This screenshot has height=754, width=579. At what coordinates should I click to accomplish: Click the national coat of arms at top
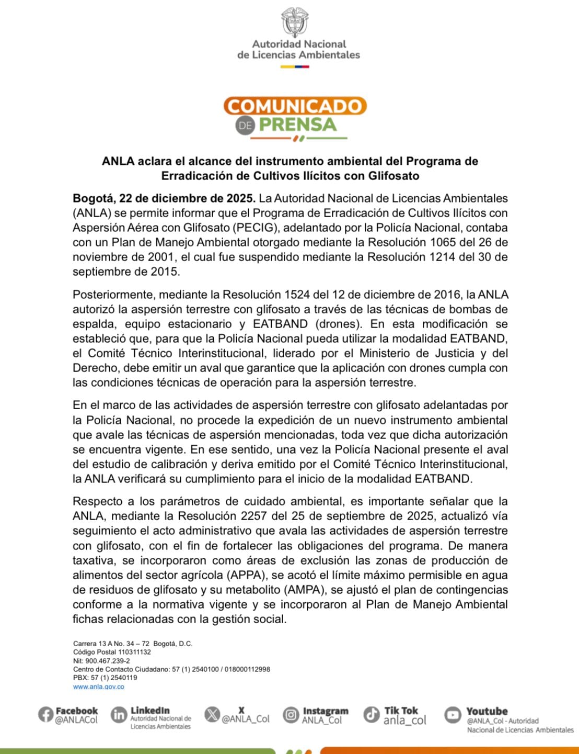point(294,22)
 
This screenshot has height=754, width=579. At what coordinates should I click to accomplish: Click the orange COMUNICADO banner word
point(295,106)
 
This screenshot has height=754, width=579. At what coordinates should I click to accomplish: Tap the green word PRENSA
point(298,125)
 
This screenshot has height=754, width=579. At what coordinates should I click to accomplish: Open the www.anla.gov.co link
point(99,687)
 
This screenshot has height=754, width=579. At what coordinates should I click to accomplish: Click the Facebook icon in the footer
point(45,714)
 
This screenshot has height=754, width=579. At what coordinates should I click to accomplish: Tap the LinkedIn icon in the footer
point(119,714)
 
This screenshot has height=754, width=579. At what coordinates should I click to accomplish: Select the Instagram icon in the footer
point(291,714)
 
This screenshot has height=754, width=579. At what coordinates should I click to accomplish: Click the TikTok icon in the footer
point(372,714)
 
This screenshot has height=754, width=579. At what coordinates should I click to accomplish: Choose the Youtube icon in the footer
point(453,714)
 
